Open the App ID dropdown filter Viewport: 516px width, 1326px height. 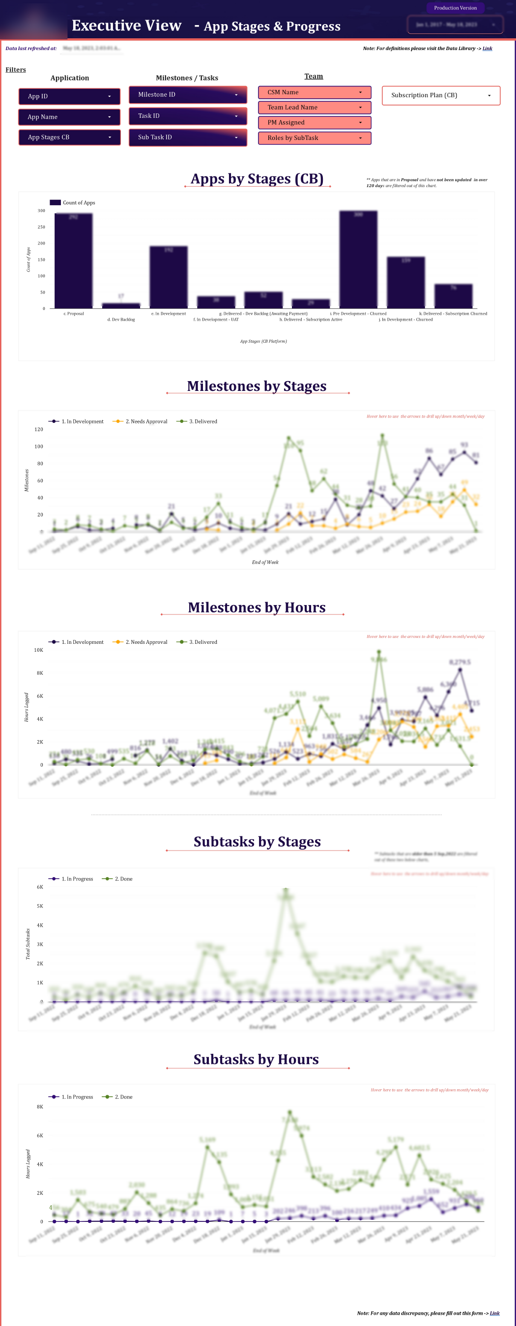[x=69, y=96]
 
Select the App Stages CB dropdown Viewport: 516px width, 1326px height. [x=69, y=138]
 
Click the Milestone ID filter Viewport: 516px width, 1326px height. [x=187, y=95]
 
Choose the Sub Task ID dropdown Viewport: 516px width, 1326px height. [x=187, y=138]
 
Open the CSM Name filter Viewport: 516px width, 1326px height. [x=314, y=93]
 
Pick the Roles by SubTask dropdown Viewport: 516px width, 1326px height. [x=314, y=138]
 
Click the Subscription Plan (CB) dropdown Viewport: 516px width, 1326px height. [x=440, y=95]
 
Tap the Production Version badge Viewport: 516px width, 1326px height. [x=455, y=8]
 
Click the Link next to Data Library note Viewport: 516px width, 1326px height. [x=487, y=49]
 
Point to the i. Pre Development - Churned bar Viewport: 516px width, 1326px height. [x=358, y=259]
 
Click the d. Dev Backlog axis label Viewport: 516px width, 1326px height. [x=121, y=320]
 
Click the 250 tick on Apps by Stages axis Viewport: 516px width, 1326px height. [x=41, y=227]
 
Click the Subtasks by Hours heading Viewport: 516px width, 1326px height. [x=256, y=1059]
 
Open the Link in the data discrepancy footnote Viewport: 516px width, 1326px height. [x=494, y=1313]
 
